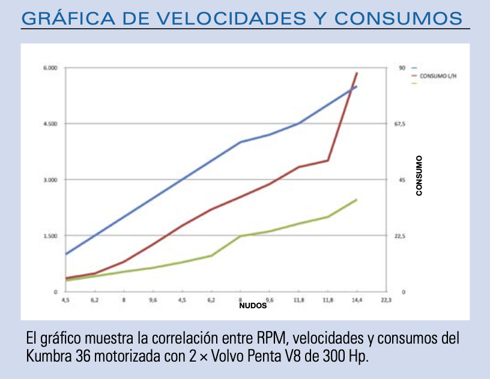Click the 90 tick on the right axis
tap(402, 68)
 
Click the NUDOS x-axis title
tap(252, 305)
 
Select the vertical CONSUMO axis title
tap(419, 176)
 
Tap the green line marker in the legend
tap(414, 83)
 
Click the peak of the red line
tap(357, 73)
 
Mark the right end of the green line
tap(357, 199)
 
